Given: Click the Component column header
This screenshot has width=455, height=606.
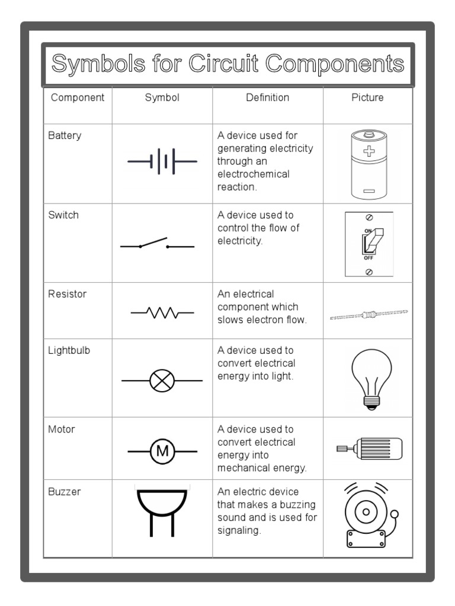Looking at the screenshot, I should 78,98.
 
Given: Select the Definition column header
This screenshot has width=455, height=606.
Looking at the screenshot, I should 267,98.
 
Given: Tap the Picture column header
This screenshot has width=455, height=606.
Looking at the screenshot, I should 367,98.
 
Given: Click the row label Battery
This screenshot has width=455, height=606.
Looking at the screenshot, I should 65,136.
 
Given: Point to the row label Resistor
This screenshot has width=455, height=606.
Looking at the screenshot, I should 67,294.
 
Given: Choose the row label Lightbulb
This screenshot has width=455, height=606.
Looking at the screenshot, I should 69,350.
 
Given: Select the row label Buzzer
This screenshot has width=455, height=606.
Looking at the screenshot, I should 65,492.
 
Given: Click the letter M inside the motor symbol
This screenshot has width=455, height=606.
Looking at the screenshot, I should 162,452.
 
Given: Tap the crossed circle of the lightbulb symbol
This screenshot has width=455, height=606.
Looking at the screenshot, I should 161,381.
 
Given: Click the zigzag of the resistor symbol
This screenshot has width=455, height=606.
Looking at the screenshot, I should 162,312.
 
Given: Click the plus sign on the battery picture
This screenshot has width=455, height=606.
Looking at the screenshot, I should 369,151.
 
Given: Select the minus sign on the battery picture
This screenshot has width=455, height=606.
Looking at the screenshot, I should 369,191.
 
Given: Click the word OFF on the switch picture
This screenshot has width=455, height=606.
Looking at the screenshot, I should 369,258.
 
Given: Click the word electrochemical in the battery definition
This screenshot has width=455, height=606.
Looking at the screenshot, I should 253,175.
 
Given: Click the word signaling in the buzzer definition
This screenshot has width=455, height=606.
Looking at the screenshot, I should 239,531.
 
